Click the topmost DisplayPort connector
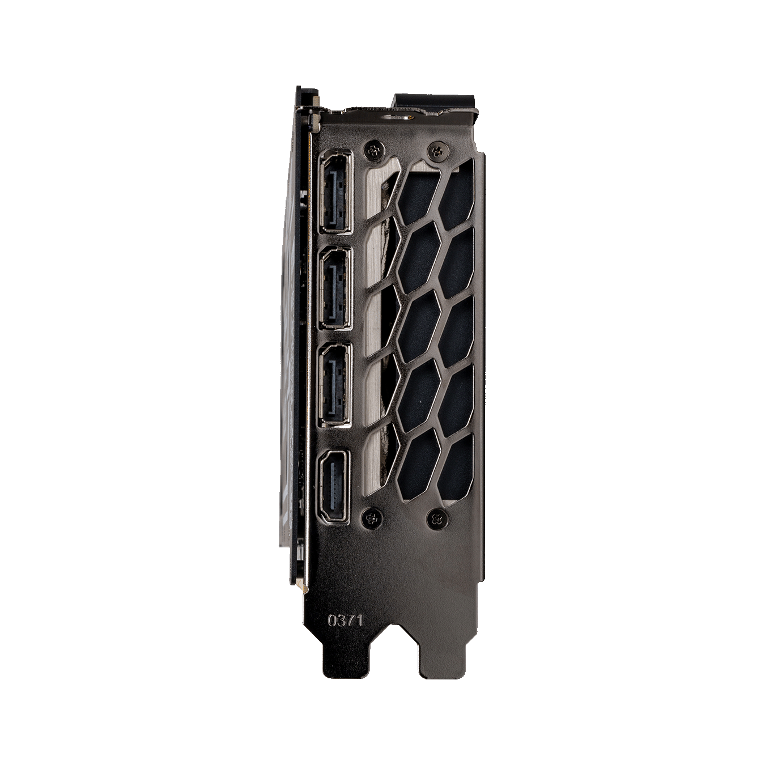click(x=335, y=192)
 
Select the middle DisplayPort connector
click(x=335, y=289)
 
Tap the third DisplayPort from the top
click(x=335, y=385)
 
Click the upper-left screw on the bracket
click(x=373, y=150)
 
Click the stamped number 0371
click(x=345, y=620)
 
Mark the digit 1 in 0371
click(x=357, y=620)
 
